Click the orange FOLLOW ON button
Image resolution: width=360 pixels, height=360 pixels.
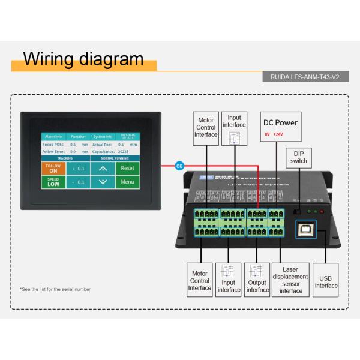[53, 169]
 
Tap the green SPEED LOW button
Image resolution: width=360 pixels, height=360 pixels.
[53, 182]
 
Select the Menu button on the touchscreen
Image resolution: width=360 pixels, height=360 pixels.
[127, 182]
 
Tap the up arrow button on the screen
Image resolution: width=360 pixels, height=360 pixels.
[103, 169]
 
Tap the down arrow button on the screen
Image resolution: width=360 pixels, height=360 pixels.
[103, 182]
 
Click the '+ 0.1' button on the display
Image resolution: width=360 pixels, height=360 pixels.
[78, 169]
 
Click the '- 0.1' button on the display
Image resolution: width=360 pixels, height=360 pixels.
[78, 182]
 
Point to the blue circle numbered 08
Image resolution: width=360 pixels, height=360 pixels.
[179, 165]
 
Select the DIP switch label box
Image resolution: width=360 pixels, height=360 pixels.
[299, 157]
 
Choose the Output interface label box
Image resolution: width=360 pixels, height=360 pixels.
[257, 280]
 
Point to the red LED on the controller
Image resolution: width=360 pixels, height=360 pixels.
[322, 211]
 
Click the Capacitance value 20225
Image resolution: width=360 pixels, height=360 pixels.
[123, 152]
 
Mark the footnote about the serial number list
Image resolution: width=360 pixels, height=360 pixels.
[55, 289]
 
